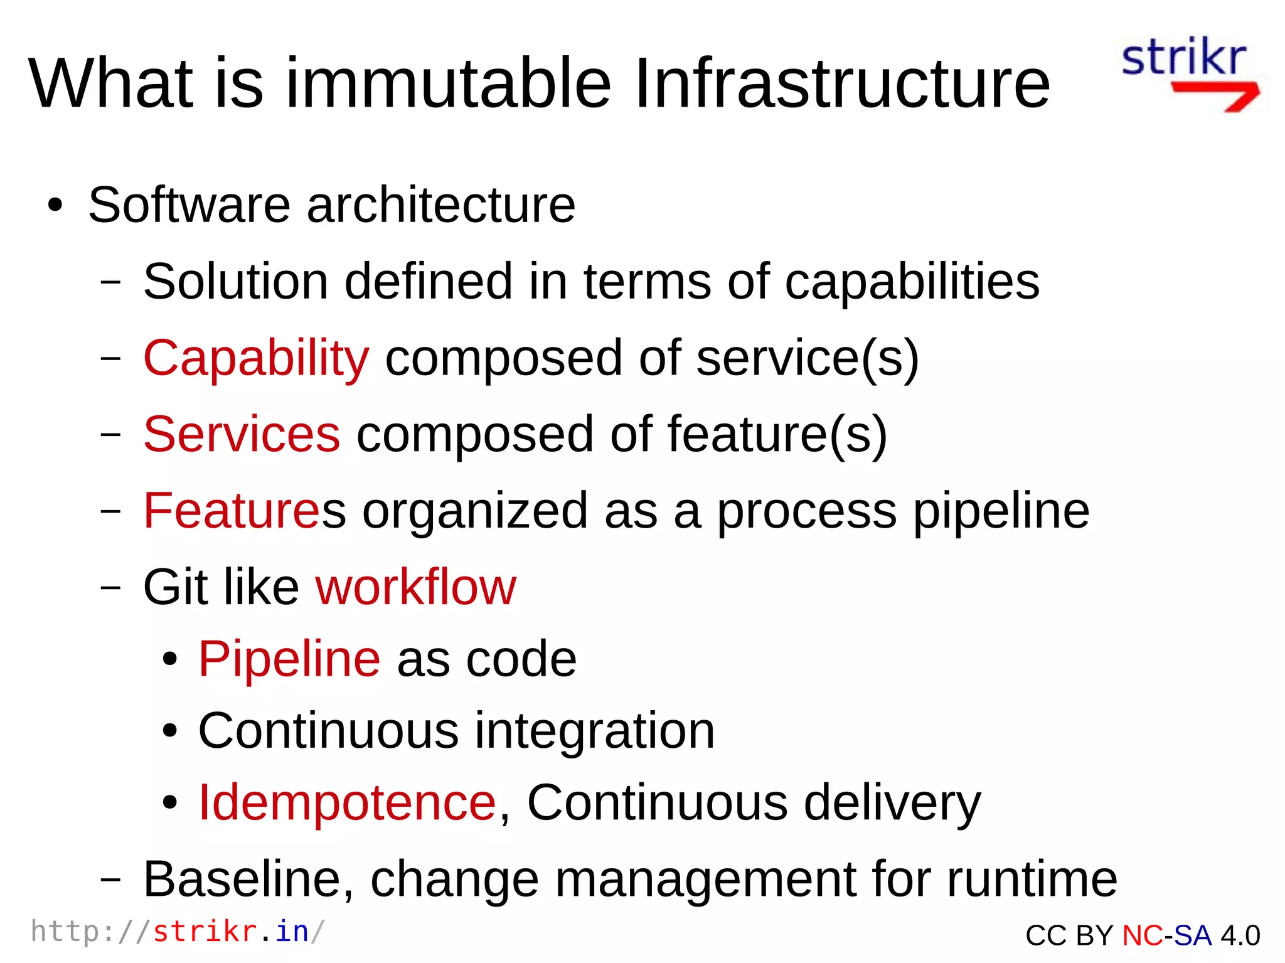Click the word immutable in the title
[x=448, y=83]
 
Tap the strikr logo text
[x=1183, y=58]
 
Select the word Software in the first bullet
[x=189, y=205]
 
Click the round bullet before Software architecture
[x=55, y=206]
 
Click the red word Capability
[x=256, y=358]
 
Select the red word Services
[x=242, y=434]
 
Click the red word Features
[x=232, y=511]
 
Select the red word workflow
[x=415, y=587]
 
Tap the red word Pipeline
[x=289, y=659]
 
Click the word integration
[x=594, y=731]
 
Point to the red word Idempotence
[x=347, y=802]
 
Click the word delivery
[x=892, y=802]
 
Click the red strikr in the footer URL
[x=205, y=932]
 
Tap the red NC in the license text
[x=1142, y=935]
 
